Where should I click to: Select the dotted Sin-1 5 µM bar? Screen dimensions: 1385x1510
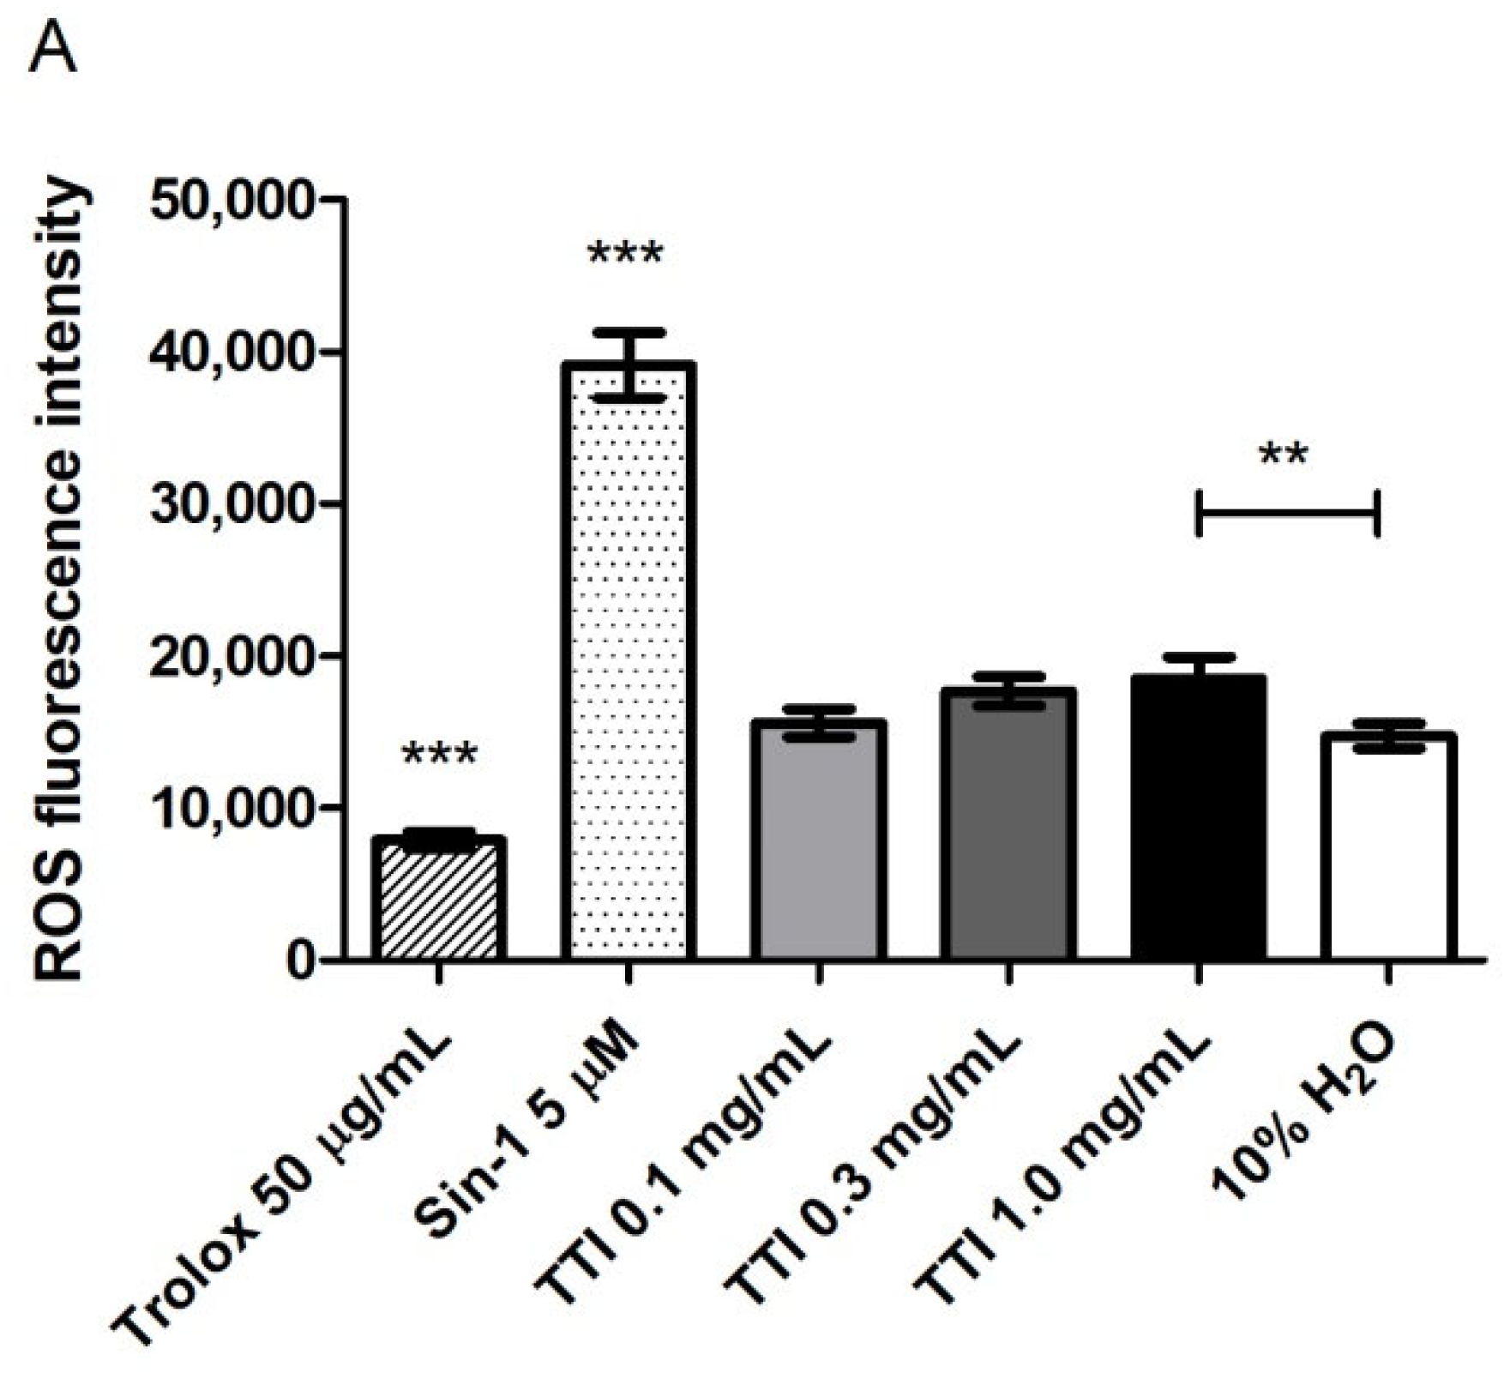click(628, 660)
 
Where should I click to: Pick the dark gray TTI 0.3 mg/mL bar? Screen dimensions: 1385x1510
click(1008, 823)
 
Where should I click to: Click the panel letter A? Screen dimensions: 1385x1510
click(53, 53)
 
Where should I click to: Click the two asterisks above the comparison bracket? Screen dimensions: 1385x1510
click(1284, 455)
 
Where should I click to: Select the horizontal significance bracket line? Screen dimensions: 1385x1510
click(1287, 514)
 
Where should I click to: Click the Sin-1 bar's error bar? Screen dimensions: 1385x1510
click(629, 364)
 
